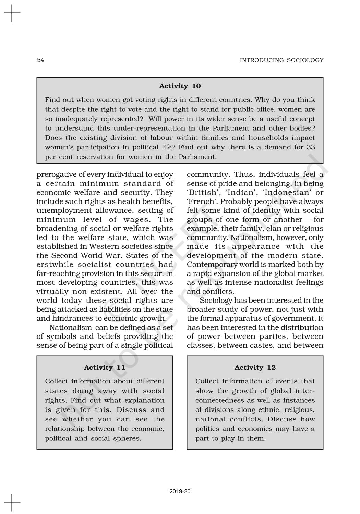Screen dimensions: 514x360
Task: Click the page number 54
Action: click(x=40, y=60)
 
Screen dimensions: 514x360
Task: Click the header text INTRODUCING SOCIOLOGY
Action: click(x=281, y=60)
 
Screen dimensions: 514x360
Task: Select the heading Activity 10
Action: click(x=180, y=86)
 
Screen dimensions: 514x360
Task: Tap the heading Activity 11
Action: click(x=105, y=368)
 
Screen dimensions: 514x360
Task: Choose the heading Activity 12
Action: click(x=255, y=368)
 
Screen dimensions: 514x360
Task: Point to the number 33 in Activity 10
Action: click(x=310, y=147)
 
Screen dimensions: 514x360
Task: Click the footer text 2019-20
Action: click(x=180, y=492)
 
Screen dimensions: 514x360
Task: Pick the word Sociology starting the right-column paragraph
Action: click(x=216, y=301)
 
